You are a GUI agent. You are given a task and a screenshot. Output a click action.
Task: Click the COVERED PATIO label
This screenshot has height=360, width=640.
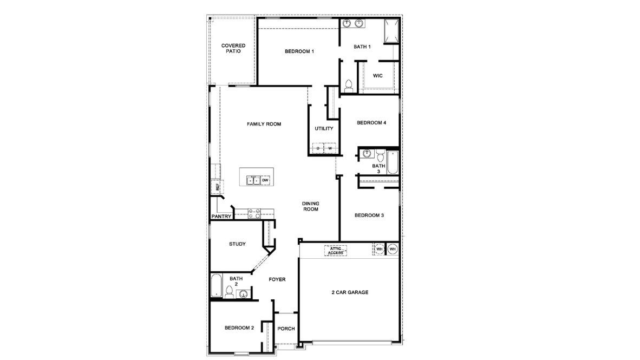click(x=233, y=48)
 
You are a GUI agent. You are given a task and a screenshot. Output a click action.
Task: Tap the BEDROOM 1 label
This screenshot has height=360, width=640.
click(x=299, y=51)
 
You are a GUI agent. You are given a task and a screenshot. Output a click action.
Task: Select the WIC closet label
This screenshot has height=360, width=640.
click(x=378, y=76)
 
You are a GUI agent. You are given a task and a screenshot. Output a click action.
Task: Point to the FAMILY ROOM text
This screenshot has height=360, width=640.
click(x=264, y=124)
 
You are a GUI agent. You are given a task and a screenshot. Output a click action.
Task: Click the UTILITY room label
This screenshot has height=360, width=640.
click(x=324, y=128)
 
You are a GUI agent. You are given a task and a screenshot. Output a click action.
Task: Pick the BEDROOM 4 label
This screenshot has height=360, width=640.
click(x=371, y=122)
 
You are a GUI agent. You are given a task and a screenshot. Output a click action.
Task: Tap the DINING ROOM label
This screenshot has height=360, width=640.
click(x=310, y=206)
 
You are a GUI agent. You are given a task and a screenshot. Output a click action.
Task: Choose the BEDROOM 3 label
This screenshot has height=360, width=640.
click(x=369, y=215)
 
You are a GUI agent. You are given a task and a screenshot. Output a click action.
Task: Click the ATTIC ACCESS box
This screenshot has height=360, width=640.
click(x=336, y=250)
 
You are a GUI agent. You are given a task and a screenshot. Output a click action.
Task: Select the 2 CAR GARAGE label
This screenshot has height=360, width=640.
click(x=350, y=292)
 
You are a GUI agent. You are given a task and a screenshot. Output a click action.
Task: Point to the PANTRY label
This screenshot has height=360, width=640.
click(x=221, y=217)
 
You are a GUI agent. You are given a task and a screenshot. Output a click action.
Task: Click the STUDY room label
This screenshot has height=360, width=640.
click(x=237, y=244)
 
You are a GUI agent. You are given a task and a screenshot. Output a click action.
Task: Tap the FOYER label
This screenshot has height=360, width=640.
click(x=277, y=279)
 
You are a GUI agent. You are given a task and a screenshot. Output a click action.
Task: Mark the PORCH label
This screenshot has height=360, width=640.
click(x=286, y=329)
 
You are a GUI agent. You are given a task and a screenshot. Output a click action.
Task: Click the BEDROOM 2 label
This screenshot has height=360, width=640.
click(x=239, y=328)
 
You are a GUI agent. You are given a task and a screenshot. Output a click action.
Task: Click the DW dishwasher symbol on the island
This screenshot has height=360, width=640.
click(x=265, y=180)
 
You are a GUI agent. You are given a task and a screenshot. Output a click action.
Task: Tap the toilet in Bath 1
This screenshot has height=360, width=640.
click(x=349, y=85)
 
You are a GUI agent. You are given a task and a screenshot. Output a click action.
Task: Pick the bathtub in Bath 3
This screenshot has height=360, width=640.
click(x=393, y=162)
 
